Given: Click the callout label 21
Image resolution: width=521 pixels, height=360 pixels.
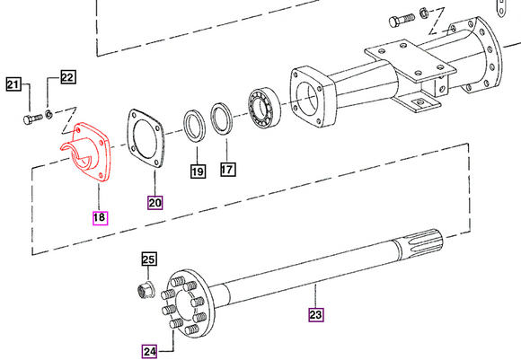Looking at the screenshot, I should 13,85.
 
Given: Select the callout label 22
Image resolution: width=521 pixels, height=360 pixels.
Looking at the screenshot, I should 68,77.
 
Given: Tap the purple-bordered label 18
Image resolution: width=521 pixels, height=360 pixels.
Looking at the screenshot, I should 98,216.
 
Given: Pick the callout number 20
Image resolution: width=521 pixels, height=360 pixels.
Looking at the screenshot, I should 155,201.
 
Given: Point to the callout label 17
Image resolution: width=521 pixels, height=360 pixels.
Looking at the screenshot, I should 227,168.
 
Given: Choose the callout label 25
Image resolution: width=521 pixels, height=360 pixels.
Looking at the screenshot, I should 148,260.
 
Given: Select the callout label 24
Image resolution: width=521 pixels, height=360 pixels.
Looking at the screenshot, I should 149,350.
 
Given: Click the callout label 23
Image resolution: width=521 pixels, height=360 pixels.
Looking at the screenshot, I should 315,314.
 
